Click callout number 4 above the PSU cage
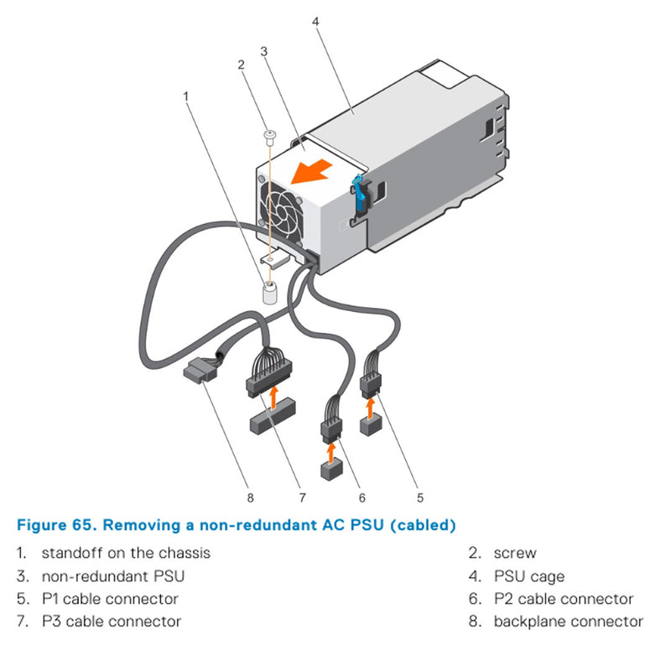tap(315, 21)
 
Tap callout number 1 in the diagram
tap(185, 96)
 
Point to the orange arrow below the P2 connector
tap(332, 454)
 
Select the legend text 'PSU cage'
tap(528, 576)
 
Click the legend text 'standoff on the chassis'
tap(126, 554)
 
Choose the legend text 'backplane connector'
tap(568, 622)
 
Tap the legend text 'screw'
tap(514, 554)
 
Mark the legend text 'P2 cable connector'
tap(563, 599)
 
